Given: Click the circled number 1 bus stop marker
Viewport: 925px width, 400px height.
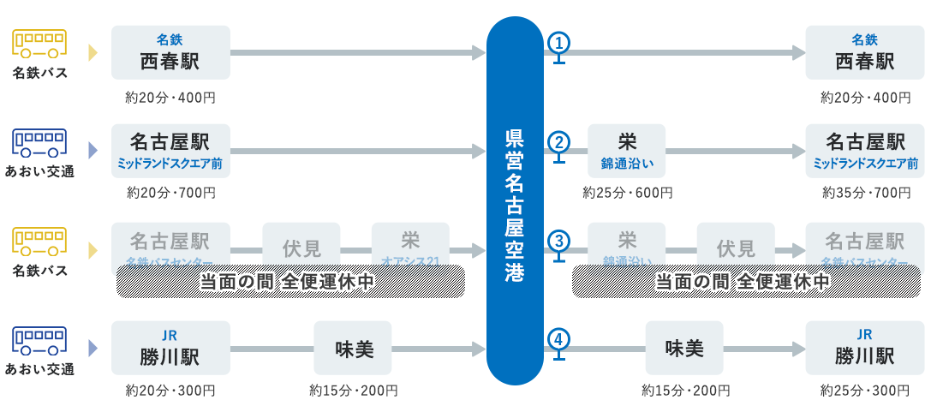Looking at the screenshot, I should (x=558, y=43).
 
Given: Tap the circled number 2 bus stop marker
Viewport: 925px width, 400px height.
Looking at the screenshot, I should (x=558, y=142).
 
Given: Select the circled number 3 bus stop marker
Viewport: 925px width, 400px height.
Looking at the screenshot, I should (x=558, y=241).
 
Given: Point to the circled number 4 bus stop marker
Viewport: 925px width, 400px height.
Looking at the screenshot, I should (x=558, y=339).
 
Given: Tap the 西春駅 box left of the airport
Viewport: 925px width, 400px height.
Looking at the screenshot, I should (x=170, y=53).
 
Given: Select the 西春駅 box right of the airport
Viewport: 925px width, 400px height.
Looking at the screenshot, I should (x=865, y=53).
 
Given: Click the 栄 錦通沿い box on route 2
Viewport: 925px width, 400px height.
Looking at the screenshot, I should (x=627, y=151).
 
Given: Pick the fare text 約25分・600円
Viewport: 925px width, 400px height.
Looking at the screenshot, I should (x=628, y=194).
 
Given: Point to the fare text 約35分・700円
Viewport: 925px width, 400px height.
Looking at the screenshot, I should (x=865, y=194).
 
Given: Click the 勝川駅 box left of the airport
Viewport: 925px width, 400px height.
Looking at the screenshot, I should (x=170, y=348).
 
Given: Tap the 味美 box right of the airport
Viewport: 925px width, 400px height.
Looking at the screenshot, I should (x=684, y=348).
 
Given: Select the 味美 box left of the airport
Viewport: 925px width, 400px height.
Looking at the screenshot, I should (x=353, y=348).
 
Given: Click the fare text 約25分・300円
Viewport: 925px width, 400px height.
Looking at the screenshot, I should (x=865, y=391).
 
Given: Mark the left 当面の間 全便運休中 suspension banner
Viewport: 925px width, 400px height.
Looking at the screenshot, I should (x=290, y=281).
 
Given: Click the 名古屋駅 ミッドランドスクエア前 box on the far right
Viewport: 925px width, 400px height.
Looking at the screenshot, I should (x=865, y=151).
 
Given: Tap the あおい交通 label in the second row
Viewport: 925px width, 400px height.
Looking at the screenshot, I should (x=40, y=171).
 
